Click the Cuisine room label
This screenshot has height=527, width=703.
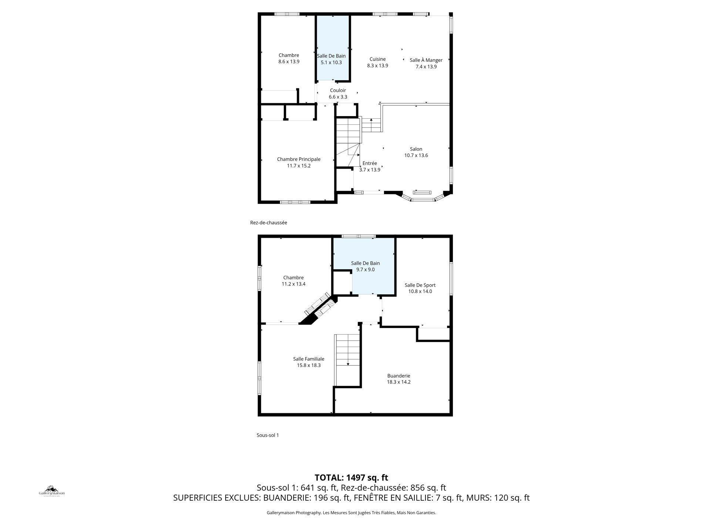(x=377, y=59)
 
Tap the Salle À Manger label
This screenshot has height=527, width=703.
(x=426, y=60)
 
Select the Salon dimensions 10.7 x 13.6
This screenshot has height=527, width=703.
(x=416, y=156)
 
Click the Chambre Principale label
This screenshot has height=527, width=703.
(x=299, y=159)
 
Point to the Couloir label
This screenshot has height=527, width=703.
(x=338, y=91)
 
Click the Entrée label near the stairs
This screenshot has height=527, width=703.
(x=370, y=163)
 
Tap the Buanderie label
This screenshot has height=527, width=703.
(x=398, y=376)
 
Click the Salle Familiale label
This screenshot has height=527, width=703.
(x=309, y=359)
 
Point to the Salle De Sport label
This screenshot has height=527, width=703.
(x=420, y=285)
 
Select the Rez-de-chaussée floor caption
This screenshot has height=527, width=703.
(x=268, y=223)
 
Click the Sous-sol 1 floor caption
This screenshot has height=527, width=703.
(x=268, y=435)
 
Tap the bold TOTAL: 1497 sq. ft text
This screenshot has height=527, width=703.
(x=351, y=477)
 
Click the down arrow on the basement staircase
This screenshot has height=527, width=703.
(x=348, y=364)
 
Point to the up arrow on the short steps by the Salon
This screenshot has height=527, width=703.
(x=371, y=120)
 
